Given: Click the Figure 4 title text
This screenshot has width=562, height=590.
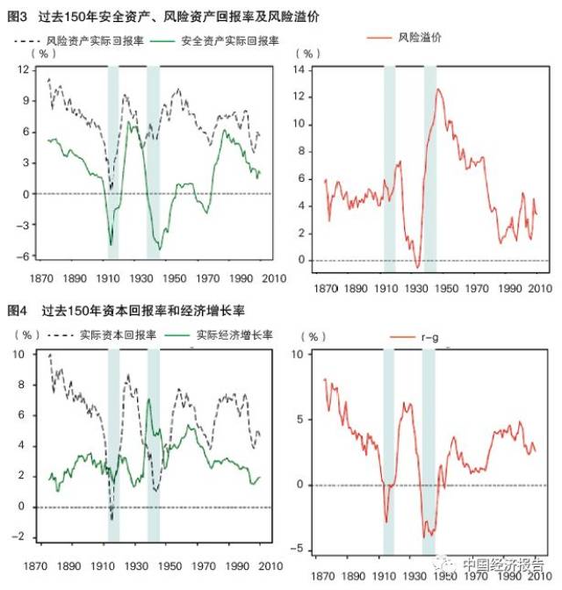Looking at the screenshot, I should coord(127,311).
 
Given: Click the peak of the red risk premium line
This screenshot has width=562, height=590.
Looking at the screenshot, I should coord(438,89).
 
